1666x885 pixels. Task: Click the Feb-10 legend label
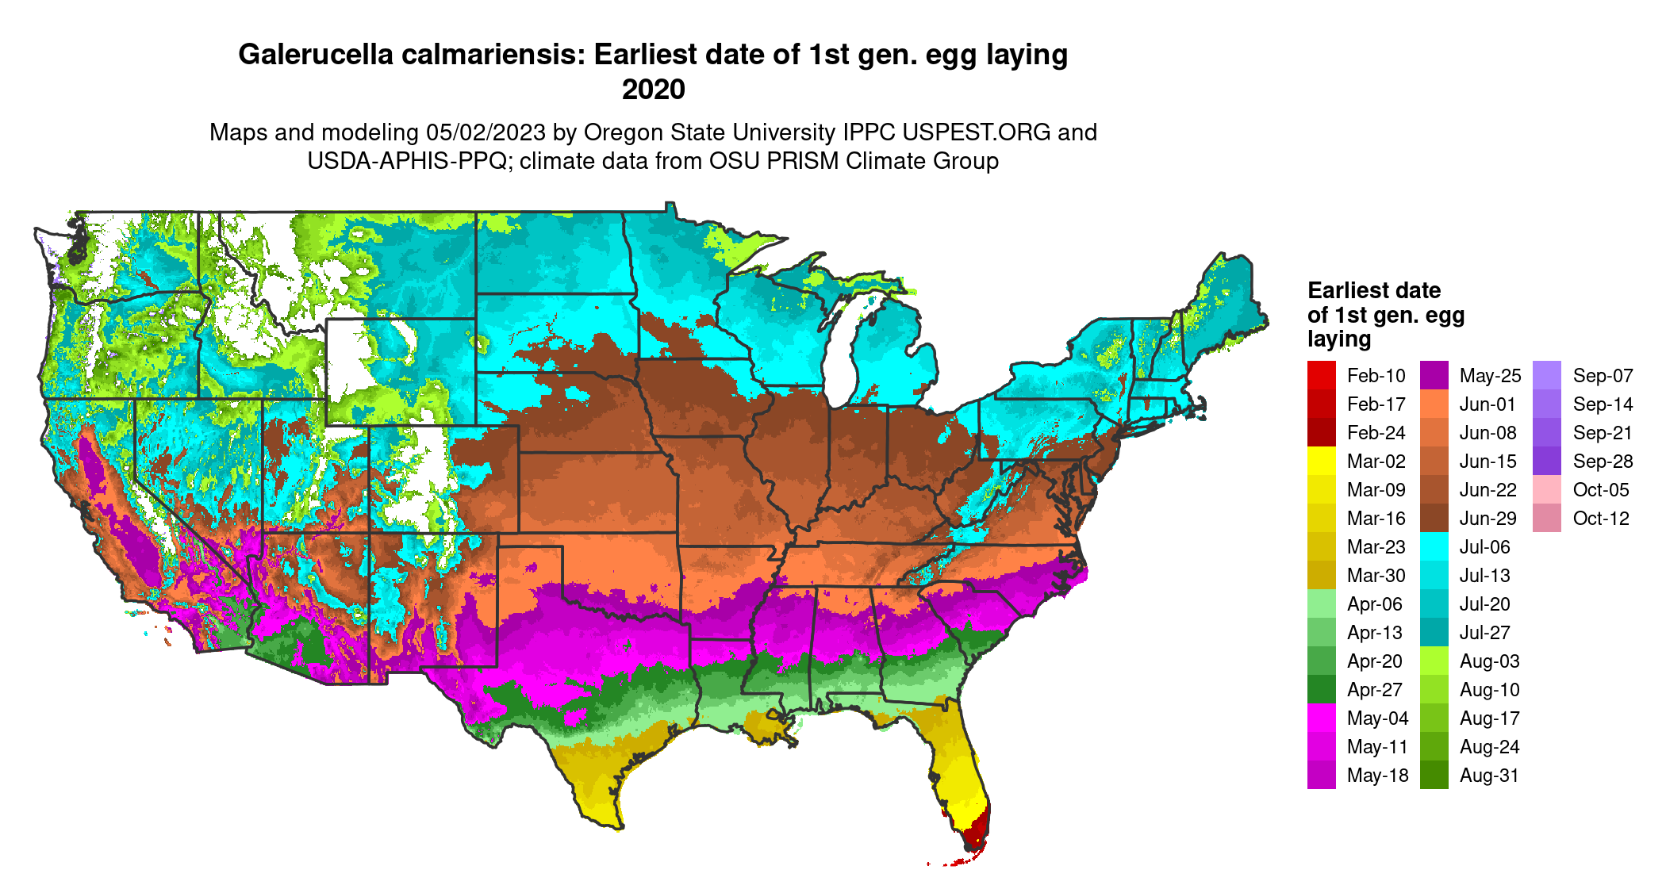tap(1376, 376)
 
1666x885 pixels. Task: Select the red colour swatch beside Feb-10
tap(1322, 375)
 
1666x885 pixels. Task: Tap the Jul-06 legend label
tap(1484, 547)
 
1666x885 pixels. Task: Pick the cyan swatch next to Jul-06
tap(1434, 546)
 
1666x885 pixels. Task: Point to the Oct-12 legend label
tap(1601, 519)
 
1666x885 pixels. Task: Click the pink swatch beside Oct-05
tap(1547, 489)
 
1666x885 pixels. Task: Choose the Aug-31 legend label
tap(1489, 776)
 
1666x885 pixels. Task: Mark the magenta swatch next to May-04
tap(1322, 718)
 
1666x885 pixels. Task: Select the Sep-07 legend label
tap(1603, 376)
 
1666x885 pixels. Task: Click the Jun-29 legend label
tap(1487, 519)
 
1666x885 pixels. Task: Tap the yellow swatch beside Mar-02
tap(1322, 461)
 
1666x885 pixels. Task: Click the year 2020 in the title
tap(653, 90)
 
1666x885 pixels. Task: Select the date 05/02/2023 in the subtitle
tap(486, 132)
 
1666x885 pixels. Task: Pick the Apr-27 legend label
tap(1375, 690)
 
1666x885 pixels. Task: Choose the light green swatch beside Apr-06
tap(1322, 603)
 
